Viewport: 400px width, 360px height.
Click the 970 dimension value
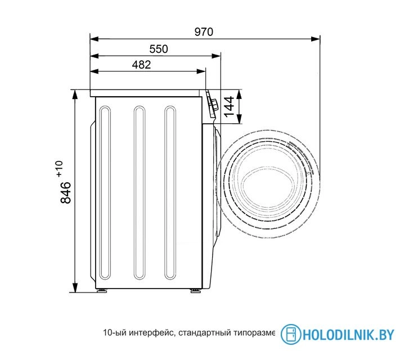[204, 32]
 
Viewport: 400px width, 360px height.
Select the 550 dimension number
[158, 49]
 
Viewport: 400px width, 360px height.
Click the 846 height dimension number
[65, 192]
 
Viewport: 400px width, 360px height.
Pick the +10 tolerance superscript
[59, 168]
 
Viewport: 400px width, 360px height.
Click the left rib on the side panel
[105, 193]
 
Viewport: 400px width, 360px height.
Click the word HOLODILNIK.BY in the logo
[348, 335]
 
